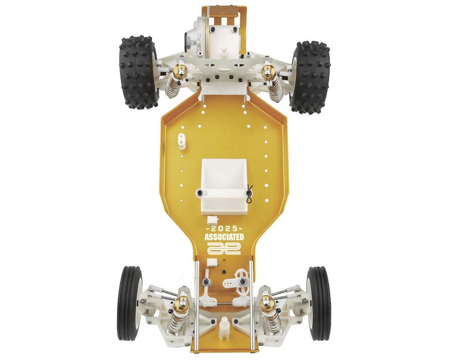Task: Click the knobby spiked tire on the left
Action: (138, 72)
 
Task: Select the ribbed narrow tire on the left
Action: (129, 303)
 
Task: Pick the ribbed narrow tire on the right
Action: (318, 303)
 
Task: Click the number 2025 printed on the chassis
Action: (224, 228)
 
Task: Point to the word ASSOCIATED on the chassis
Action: (224, 237)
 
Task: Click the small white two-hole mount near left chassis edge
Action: (182, 140)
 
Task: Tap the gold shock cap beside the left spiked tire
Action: (179, 71)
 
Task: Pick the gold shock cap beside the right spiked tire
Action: (268, 71)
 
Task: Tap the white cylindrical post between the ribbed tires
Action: (224, 328)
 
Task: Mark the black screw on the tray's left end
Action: (200, 193)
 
